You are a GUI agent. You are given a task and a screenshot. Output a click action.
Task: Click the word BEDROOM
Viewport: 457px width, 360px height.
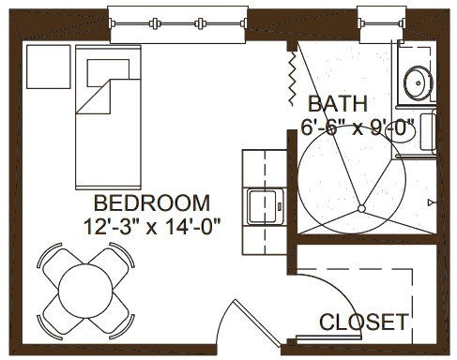pos(152,203)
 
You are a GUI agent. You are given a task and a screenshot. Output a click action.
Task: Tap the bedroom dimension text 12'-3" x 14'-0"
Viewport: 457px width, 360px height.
pos(152,227)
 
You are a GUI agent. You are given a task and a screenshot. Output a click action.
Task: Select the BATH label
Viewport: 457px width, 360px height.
pos(338,104)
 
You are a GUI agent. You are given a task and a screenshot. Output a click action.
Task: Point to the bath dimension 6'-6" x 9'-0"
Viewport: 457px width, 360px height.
pos(358,127)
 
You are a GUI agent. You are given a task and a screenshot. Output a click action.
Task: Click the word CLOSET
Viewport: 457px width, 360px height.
pos(364,322)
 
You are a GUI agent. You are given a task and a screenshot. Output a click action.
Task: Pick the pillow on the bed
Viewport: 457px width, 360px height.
pos(108,73)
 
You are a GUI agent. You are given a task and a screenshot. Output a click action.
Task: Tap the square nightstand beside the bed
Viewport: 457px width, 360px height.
pos(49,67)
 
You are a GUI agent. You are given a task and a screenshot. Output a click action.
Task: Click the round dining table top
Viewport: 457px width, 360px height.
pos(85,291)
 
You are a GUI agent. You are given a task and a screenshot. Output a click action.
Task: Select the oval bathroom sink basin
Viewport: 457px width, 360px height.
pos(419,82)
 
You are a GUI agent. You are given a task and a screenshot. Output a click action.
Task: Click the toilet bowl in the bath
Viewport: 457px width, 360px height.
pos(402,133)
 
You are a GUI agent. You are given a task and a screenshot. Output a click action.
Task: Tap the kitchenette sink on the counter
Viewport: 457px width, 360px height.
pos(266,206)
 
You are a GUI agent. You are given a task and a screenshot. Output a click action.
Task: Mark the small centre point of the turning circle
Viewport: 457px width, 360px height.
pos(361,208)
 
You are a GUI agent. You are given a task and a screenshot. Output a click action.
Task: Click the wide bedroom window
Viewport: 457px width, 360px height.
pos(178,24)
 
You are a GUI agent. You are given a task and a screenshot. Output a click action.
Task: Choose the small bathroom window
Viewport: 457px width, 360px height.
pos(382,24)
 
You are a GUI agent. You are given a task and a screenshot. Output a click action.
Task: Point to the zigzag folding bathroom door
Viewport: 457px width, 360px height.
pos(292,78)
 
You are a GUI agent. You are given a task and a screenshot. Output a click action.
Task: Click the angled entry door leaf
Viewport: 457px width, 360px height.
pos(258,323)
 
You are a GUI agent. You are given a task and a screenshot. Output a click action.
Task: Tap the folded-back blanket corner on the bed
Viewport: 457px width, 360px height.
pos(94,97)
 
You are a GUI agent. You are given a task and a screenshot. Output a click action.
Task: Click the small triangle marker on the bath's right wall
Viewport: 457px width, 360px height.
pos(432,202)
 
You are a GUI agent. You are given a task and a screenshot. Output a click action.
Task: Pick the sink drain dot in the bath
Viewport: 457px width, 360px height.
pos(419,83)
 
